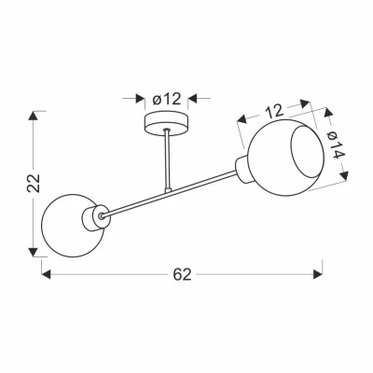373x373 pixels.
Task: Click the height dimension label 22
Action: (x=34, y=184)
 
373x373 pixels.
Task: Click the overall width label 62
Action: (x=183, y=274)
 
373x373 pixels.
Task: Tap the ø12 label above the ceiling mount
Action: (x=167, y=99)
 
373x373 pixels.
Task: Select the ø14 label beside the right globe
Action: (x=335, y=145)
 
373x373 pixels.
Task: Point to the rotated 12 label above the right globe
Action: (x=274, y=112)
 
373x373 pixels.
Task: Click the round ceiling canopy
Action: (x=167, y=124)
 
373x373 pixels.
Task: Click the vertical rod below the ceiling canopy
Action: (x=168, y=159)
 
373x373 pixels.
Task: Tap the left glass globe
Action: (x=72, y=226)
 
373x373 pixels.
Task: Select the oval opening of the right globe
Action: (x=308, y=153)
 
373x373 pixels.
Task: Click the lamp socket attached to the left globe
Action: (x=96, y=218)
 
